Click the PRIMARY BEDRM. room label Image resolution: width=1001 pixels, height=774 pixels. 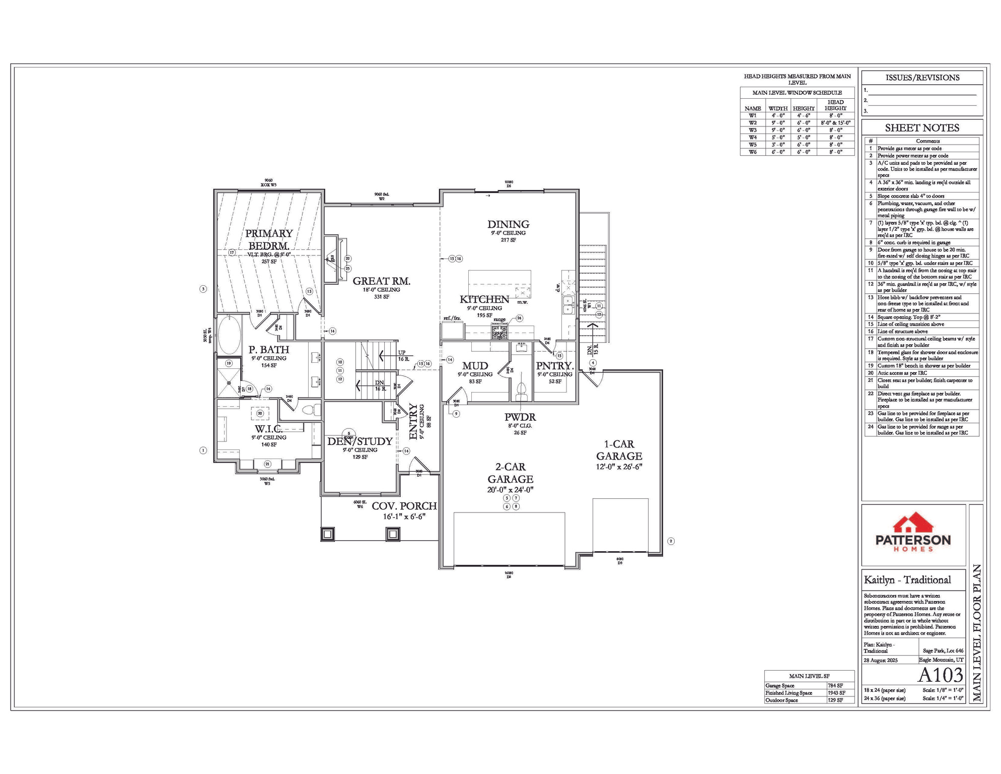[269, 239]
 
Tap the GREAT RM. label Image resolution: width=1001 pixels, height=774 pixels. [381, 281]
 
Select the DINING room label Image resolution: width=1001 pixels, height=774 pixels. [508, 224]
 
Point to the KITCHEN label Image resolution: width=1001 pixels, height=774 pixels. [484, 299]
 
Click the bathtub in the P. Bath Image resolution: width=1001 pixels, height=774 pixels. [229, 335]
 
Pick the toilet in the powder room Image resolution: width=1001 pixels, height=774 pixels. [521, 391]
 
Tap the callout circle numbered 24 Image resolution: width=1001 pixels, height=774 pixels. [519, 318]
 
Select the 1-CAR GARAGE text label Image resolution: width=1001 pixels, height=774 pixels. [619, 450]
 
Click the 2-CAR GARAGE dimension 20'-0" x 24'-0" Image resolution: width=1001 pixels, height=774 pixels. [510, 490]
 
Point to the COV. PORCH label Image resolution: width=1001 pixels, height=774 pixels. [404, 506]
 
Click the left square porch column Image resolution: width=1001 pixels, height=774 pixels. [328, 534]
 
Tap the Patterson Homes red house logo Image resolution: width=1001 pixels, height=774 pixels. [913, 524]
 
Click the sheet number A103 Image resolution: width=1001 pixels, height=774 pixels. [940, 675]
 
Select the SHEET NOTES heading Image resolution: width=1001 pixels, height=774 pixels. [922, 128]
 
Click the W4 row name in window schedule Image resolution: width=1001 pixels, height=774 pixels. [752, 137]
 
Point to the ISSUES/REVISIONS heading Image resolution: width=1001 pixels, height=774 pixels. [922, 78]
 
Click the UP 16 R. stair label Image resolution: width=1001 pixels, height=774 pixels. [403, 356]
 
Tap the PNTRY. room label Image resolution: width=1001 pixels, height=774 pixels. [554, 366]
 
